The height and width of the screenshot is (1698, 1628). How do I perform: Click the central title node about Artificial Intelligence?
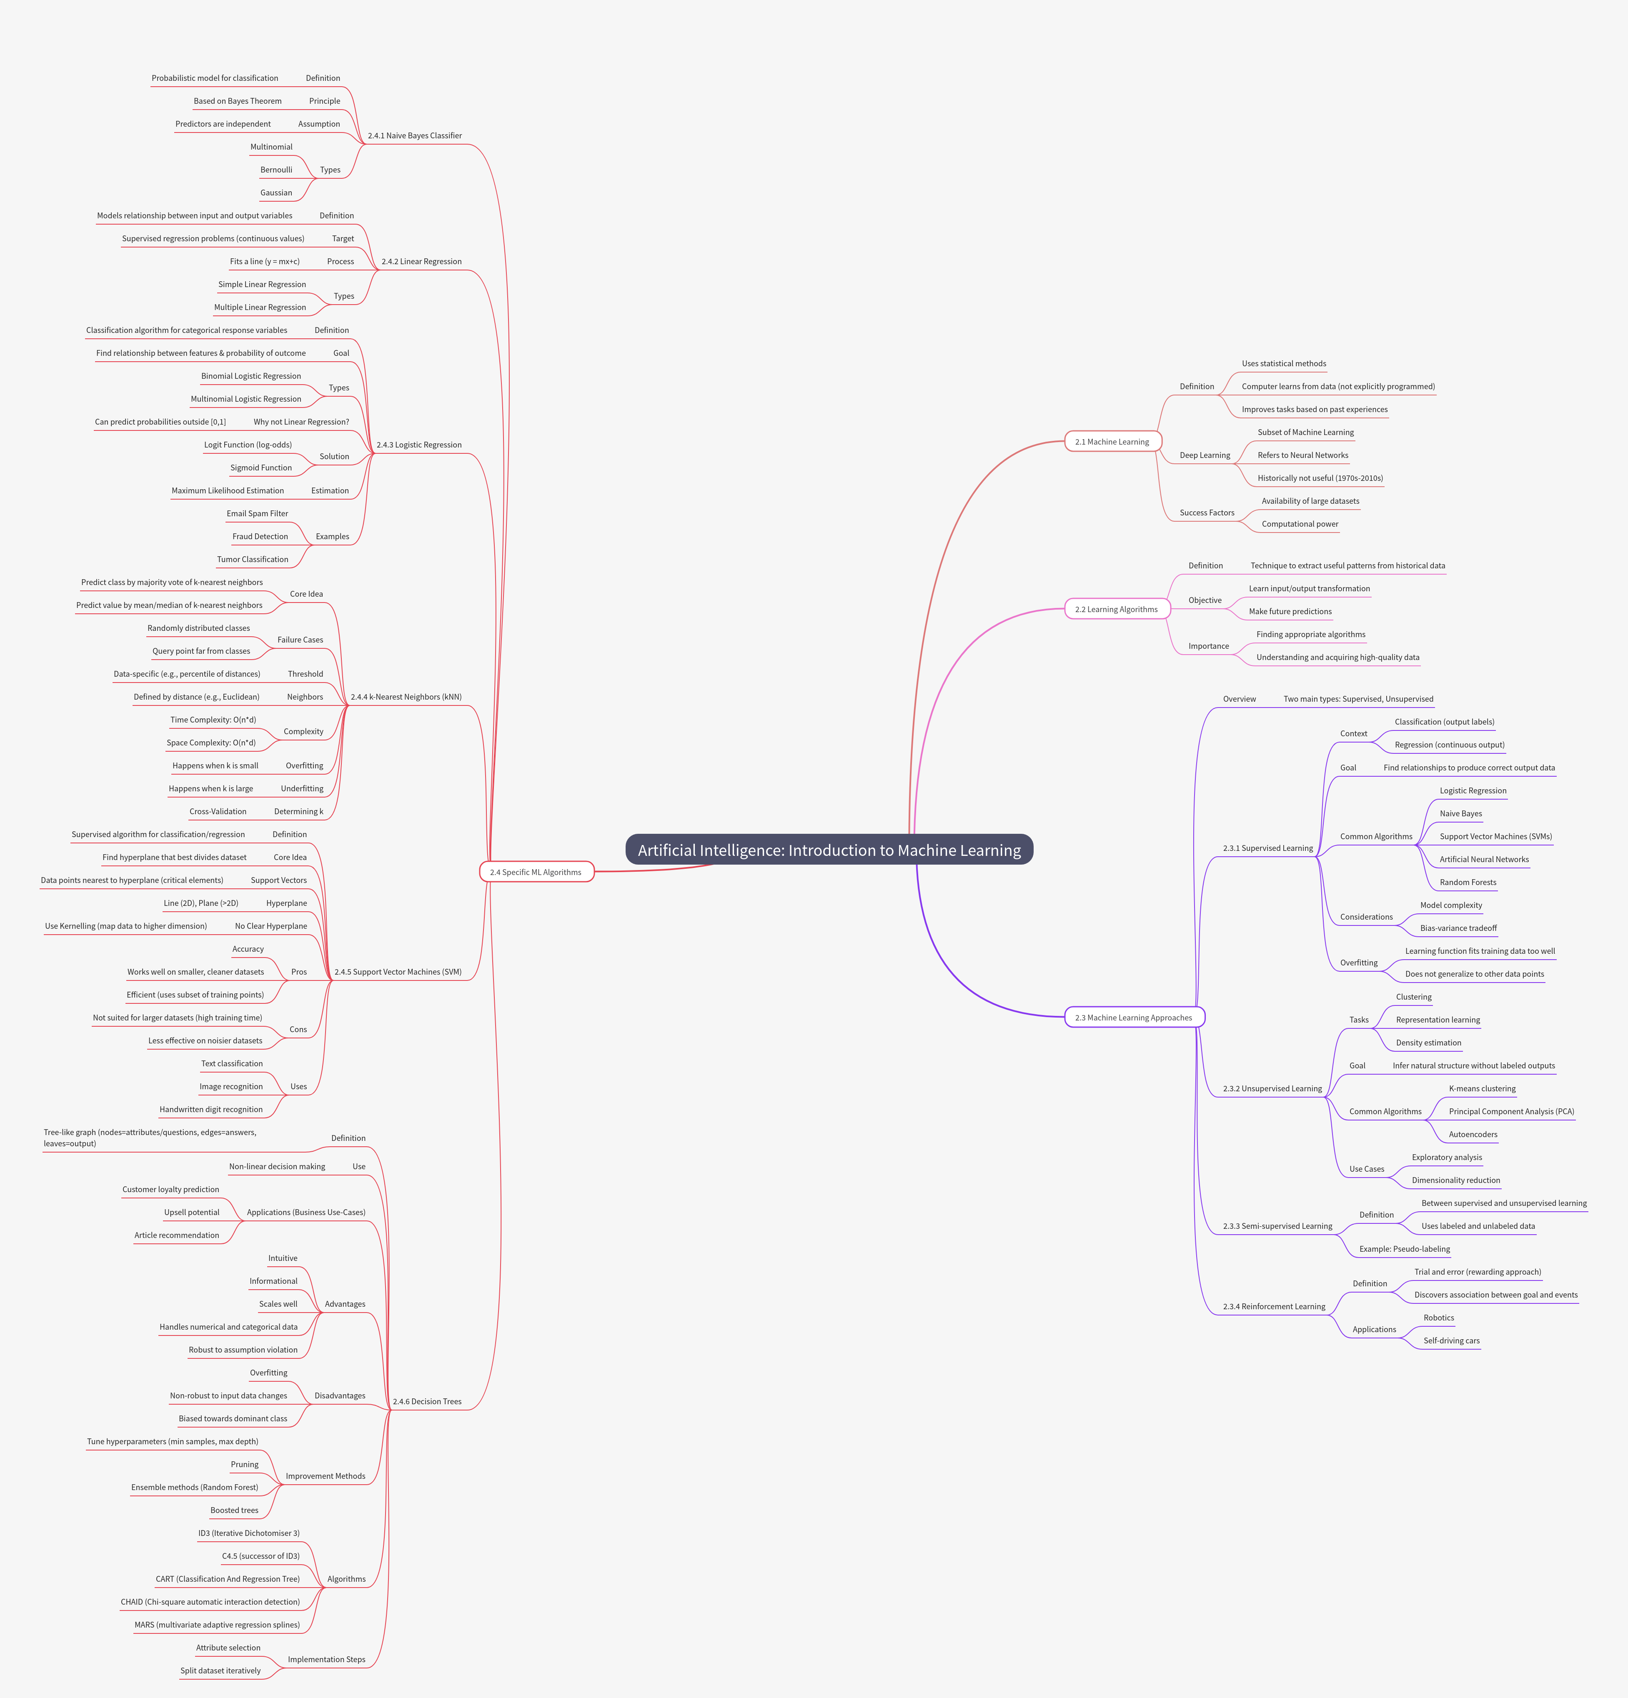[x=829, y=850]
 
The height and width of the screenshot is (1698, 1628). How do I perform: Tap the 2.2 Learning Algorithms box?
[x=1116, y=609]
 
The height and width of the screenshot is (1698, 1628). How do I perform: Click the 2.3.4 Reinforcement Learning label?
[x=1274, y=1306]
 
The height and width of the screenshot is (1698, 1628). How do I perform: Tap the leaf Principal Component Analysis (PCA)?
[x=1511, y=1111]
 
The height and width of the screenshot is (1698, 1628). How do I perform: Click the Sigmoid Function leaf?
[x=261, y=468]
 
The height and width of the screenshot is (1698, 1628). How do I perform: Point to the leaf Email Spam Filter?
[x=257, y=514]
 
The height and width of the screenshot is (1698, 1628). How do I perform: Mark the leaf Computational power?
[x=1300, y=524]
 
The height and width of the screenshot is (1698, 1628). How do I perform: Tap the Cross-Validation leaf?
[x=218, y=812]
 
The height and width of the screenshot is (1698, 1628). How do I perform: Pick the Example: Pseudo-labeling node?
[x=1405, y=1249]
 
